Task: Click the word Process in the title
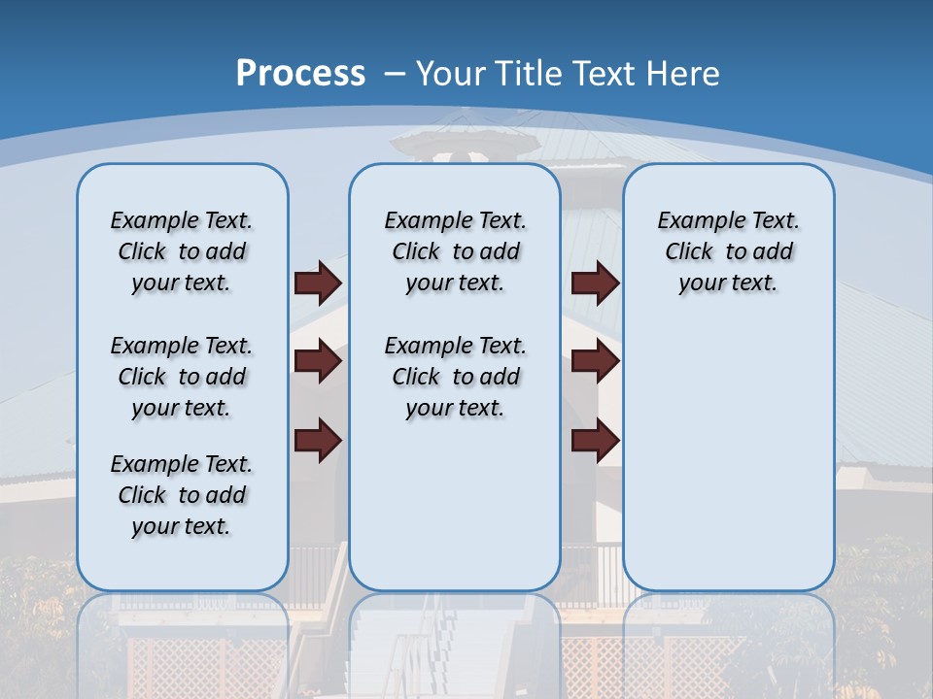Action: click(300, 73)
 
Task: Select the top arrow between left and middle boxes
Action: click(318, 283)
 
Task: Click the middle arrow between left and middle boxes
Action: click(318, 362)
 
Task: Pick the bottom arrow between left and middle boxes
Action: click(318, 441)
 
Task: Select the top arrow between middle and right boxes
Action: click(595, 283)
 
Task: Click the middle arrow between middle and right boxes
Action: click(595, 362)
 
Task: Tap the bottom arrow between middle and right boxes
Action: click(595, 441)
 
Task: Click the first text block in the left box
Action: click(182, 251)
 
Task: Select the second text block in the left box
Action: click(182, 377)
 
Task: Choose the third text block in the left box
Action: click(182, 495)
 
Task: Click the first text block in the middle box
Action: click(455, 251)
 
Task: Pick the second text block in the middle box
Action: click(455, 377)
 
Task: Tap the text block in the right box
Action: click(728, 251)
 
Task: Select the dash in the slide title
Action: click(395, 73)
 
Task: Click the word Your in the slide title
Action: click(450, 73)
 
